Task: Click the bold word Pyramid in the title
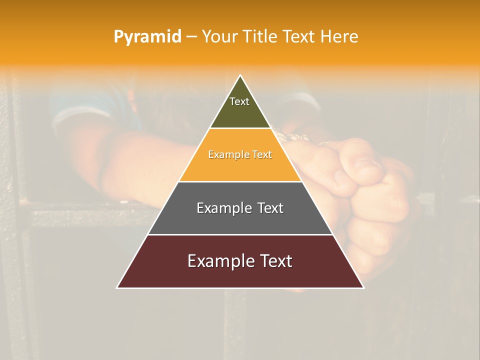coord(147,37)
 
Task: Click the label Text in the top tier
coord(239,101)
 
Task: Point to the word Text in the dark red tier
coord(274,261)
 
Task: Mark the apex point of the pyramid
coord(240,75)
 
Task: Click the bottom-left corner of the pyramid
coord(117,287)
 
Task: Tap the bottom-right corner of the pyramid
coord(363,287)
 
